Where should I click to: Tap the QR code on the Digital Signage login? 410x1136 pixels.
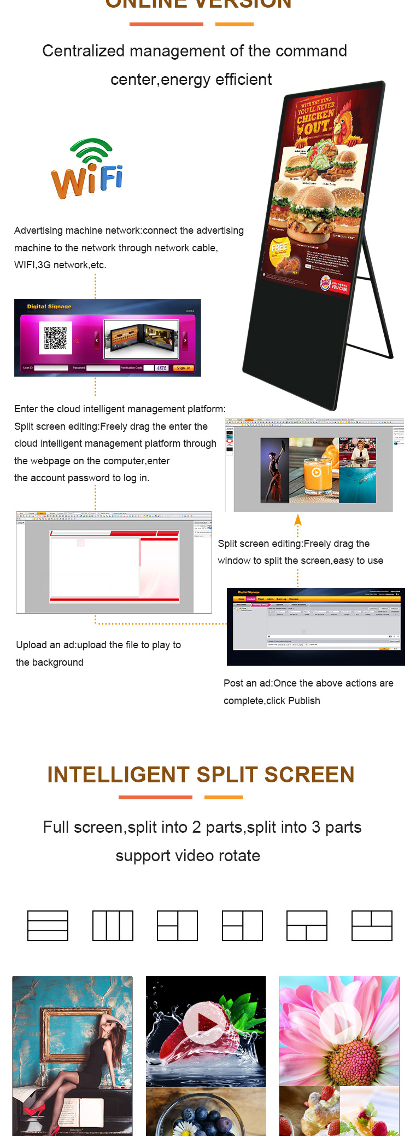click(x=55, y=338)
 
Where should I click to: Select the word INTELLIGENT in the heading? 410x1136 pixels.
click(x=119, y=775)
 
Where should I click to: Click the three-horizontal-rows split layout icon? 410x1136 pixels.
click(x=48, y=926)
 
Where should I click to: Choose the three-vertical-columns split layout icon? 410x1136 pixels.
click(x=113, y=926)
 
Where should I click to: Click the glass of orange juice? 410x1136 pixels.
click(x=315, y=471)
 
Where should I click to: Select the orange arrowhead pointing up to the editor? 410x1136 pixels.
click(x=298, y=520)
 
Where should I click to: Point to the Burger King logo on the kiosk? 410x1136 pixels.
click(x=326, y=282)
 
